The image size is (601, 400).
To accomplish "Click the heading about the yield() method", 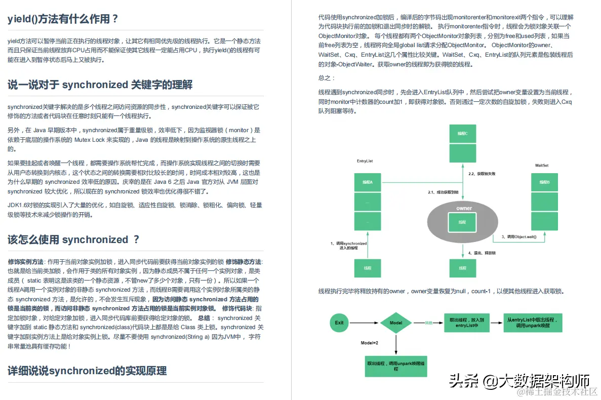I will point(63,20).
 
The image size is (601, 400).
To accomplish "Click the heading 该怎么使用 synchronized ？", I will point(73,239).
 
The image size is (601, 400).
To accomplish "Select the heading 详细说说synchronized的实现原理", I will point(87,371).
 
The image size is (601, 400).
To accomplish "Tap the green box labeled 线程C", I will point(463,134).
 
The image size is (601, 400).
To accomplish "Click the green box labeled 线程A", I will point(367,182).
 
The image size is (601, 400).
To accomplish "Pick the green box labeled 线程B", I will point(544,182).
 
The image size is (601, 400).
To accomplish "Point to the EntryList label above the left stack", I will point(365,161).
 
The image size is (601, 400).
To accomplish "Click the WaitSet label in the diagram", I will point(541,166).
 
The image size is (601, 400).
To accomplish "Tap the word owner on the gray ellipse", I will point(464,209).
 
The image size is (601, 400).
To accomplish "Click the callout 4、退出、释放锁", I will point(482,253).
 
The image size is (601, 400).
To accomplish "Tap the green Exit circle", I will point(339,323).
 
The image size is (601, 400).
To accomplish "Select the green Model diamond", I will point(396,323).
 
